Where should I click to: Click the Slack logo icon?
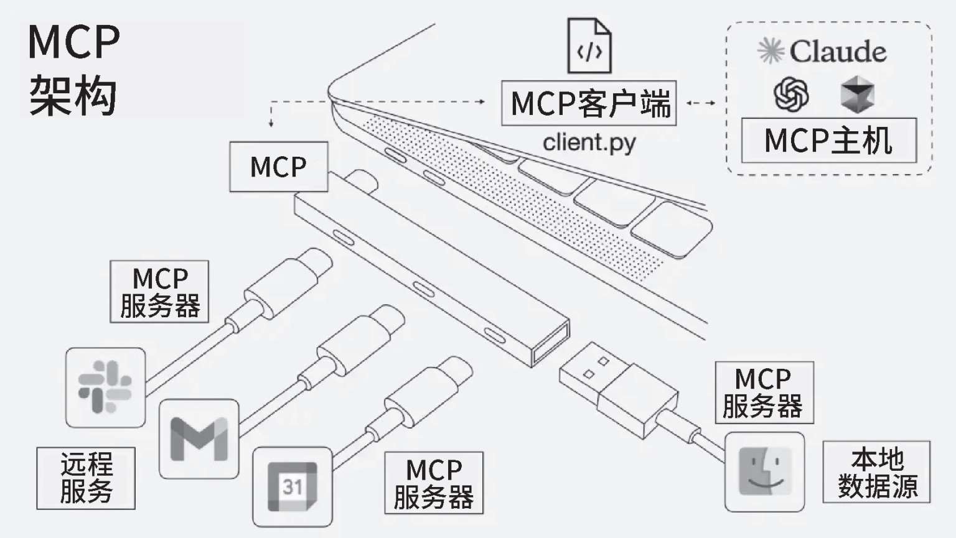coord(105,387)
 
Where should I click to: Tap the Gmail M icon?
coord(199,439)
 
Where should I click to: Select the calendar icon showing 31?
coord(292,487)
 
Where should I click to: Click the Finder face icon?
coord(764,472)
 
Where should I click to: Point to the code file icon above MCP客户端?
coord(589,47)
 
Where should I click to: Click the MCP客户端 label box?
coord(589,103)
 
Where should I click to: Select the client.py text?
coord(589,142)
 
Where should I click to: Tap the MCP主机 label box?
coord(828,141)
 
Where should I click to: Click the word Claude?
coord(838,52)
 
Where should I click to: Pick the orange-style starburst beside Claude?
coord(771,51)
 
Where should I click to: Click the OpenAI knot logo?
coord(791,95)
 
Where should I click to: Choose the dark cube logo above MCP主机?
coord(858,95)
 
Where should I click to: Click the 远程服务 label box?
coord(86,478)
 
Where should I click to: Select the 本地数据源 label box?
coord(876,472)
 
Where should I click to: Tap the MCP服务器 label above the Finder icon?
coord(764,392)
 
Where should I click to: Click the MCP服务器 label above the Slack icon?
coord(159,292)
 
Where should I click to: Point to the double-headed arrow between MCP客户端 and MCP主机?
coord(701,103)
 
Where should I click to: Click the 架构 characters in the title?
coord(73,96)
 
